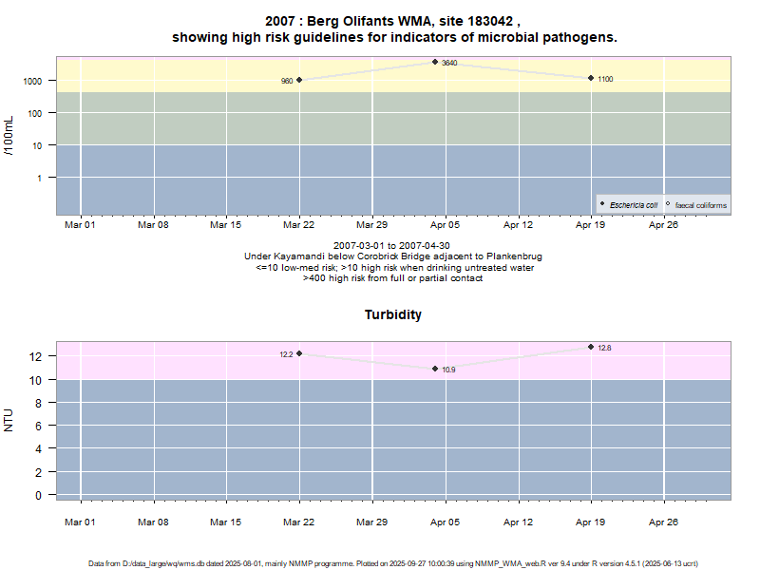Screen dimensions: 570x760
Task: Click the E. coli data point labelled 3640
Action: [435, 62]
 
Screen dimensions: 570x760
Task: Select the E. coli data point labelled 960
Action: [299, 80]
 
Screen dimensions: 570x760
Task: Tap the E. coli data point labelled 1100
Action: [591, 78]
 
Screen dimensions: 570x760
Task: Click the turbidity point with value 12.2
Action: [299, 353]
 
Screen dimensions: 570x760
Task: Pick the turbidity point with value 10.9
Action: [435, 369]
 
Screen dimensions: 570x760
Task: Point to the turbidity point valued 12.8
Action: [591, 347]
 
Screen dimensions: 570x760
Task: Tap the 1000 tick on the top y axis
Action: [32, 81]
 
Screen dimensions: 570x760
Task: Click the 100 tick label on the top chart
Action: [35, 113]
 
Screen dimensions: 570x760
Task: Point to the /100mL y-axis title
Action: [9, 136]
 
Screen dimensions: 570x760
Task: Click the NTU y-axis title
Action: [9, 420]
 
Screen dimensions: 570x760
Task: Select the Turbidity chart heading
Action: [393, 314]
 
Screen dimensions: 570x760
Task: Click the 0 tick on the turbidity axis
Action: [39, 495]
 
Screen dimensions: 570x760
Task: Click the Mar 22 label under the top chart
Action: [299, 225]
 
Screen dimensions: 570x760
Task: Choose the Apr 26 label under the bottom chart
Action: [663, 521]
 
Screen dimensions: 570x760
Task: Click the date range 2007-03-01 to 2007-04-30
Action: [392, 246]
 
